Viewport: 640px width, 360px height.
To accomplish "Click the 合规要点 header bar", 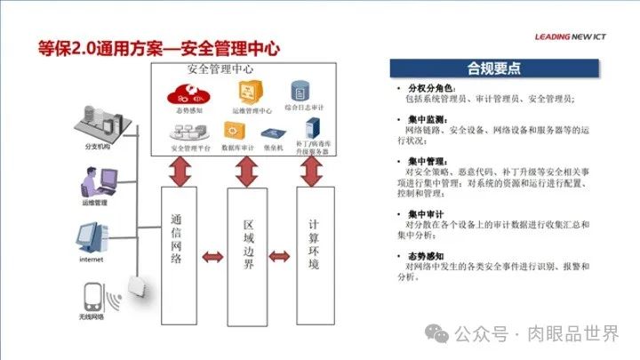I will coord(492,69).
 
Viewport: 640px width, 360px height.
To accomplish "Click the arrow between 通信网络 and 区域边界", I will coord(212,258).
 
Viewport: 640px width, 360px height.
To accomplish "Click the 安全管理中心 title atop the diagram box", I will coord(226,68).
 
